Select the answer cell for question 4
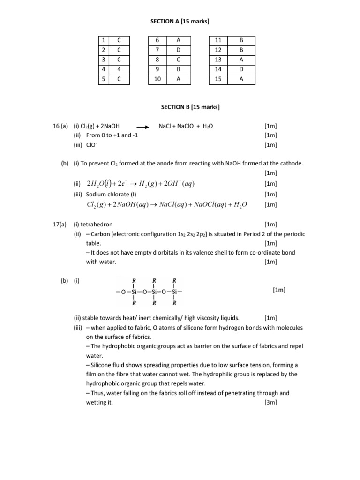click(119, 69)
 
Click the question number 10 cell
click(157, 79)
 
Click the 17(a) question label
click(60, 225)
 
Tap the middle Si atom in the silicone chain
click(154, 291)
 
